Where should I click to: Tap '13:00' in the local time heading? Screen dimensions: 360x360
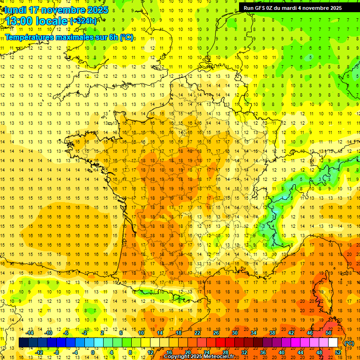20,22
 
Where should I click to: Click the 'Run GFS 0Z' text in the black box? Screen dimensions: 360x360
260,8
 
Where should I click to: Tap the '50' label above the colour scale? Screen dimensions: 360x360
328,333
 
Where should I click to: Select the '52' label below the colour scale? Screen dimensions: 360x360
338,352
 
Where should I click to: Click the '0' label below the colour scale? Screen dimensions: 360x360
92,352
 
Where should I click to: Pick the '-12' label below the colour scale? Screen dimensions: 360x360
39,352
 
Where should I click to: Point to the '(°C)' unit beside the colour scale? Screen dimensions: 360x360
349,343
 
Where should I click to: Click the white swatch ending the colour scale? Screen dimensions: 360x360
333,343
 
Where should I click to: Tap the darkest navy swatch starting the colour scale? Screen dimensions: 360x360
23,343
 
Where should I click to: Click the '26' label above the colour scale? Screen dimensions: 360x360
216,333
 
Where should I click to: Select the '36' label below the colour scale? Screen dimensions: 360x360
263,352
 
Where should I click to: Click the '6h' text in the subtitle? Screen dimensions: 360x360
110,37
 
